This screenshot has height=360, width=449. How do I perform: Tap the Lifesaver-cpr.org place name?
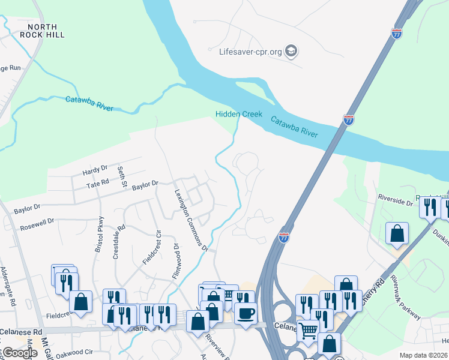[250, 51]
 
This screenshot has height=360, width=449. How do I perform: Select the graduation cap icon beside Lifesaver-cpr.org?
[291, 51]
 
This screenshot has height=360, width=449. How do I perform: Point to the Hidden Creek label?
[239, 114]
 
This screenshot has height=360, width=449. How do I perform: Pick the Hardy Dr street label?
[95, 170]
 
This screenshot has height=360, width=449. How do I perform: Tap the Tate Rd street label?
[97, 182]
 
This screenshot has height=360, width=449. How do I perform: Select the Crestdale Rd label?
[118, 242]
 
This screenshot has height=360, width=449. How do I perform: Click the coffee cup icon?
[246, 312]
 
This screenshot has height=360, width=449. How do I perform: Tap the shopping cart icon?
[309, 329]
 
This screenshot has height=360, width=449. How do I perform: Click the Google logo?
[20, 353]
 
